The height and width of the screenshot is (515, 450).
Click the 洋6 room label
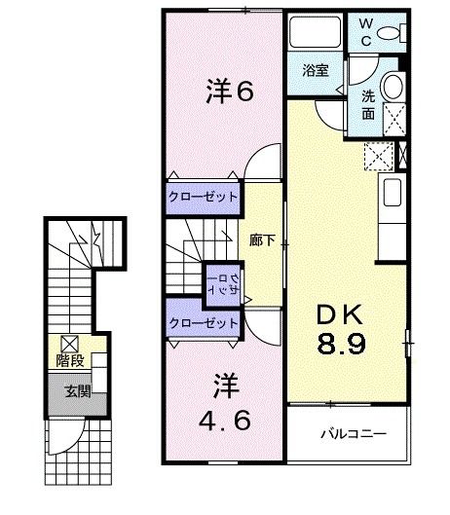(231, 92)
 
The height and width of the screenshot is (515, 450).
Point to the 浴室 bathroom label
(314, 70)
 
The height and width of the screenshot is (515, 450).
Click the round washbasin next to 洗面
(394, 86)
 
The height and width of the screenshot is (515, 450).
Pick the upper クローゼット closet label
(203, 197)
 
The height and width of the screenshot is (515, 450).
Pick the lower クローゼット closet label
(203, 322)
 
